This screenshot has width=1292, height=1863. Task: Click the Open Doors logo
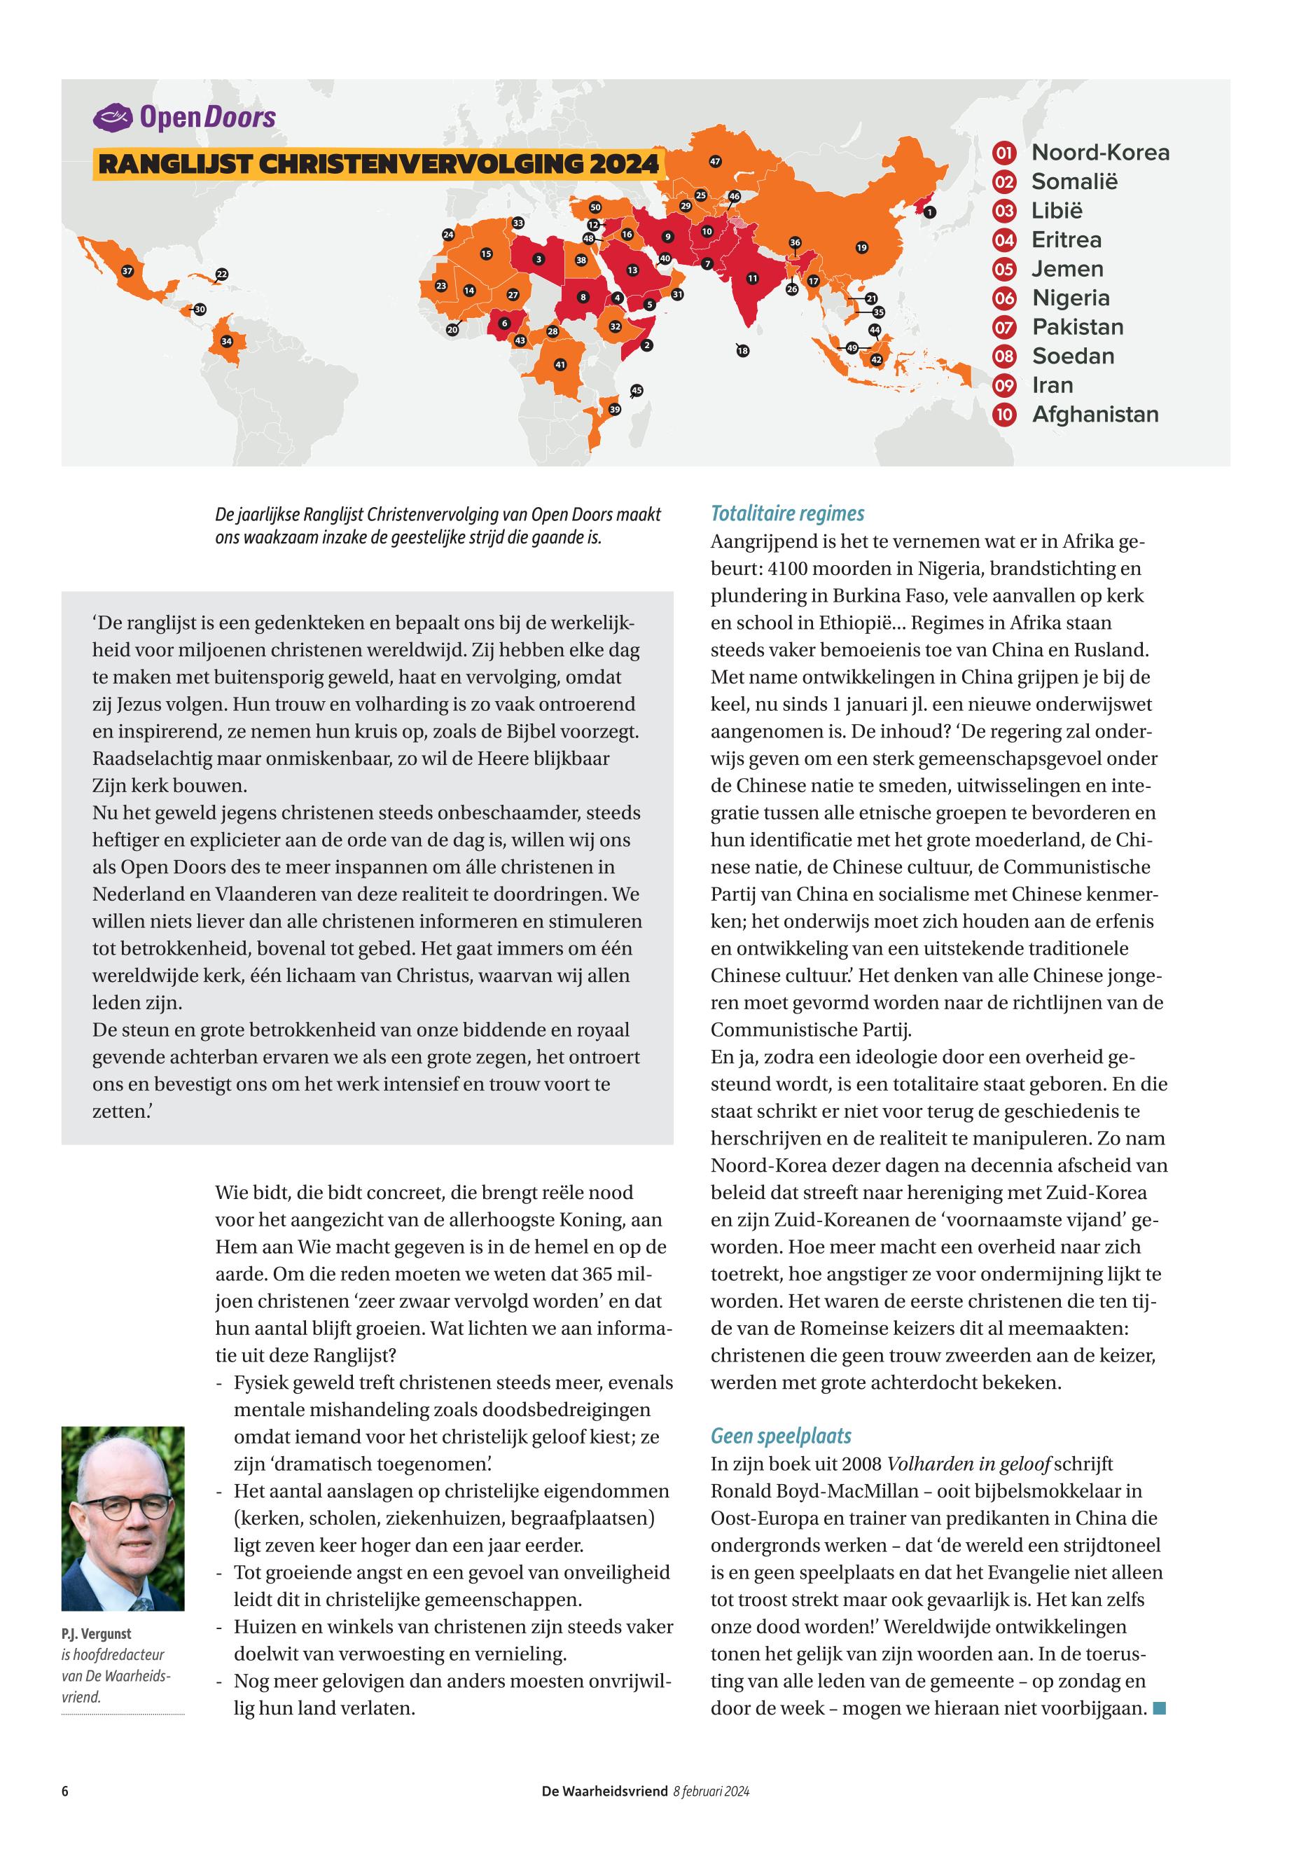[x=185, y=118]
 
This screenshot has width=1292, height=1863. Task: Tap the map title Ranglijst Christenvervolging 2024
[x=378, y=164]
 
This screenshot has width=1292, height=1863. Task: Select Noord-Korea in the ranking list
[x=1099, y=152]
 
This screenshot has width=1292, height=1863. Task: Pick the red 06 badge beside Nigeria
[x=1003, y=298]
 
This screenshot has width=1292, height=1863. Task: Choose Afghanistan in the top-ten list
[x=1095, y=415]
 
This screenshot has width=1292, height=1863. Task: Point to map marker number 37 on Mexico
[x=127, y=271]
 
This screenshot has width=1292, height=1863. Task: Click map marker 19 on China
[x=861, y=248]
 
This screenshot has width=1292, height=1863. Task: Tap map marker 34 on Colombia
[x=227, y=341]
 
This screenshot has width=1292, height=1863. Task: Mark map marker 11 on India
[x=752, y=279]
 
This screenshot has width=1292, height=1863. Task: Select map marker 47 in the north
[x=715, y=162]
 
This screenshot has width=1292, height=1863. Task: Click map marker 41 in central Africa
[x=560, y=365]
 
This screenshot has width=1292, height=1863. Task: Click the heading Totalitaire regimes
[x=787, y=513]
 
